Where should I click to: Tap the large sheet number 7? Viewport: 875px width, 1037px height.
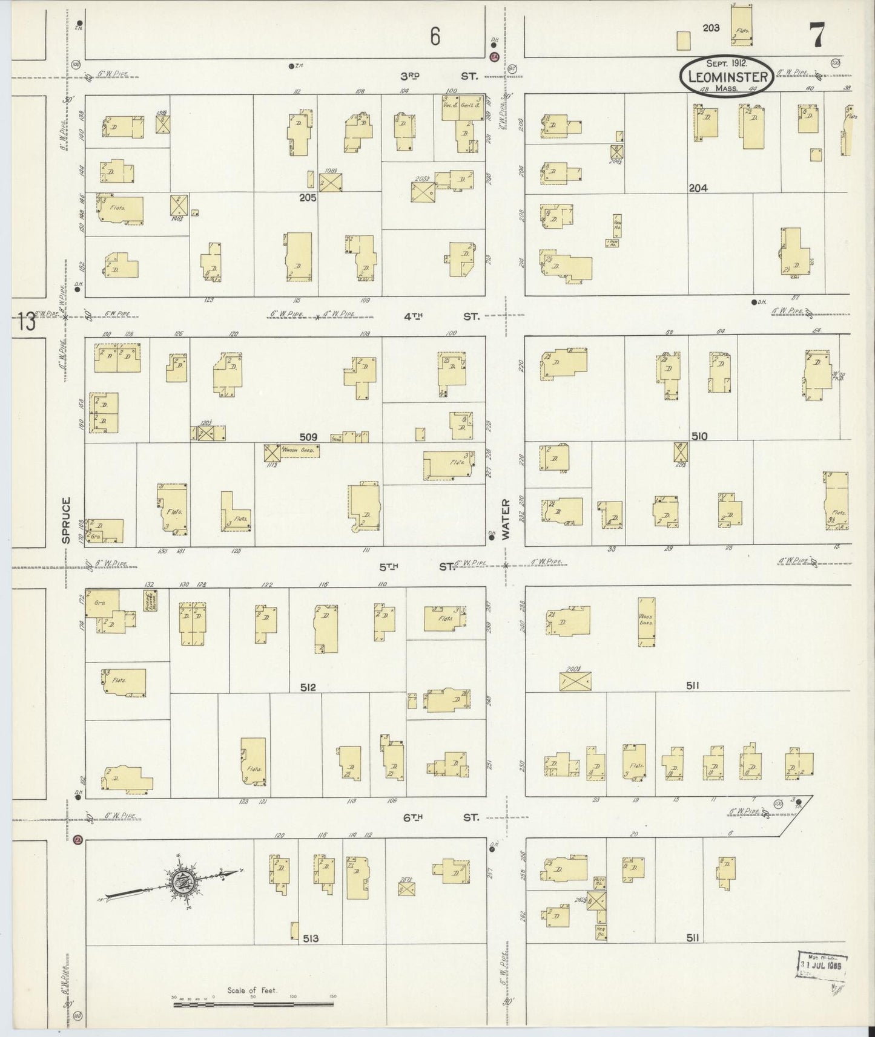coord(817,37)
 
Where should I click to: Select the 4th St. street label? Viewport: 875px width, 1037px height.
coord(442,316)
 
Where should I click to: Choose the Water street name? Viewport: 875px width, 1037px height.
coord(506,520)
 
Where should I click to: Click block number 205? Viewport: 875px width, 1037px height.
coord(308,197)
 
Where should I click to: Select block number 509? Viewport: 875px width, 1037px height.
coord(308,436)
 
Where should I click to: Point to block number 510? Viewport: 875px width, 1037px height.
coord(699,436)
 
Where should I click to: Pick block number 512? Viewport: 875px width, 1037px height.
coord(308,687)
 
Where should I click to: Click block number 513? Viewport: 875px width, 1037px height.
coord(310,938)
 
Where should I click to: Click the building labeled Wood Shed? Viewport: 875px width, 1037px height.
coord(647,622)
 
